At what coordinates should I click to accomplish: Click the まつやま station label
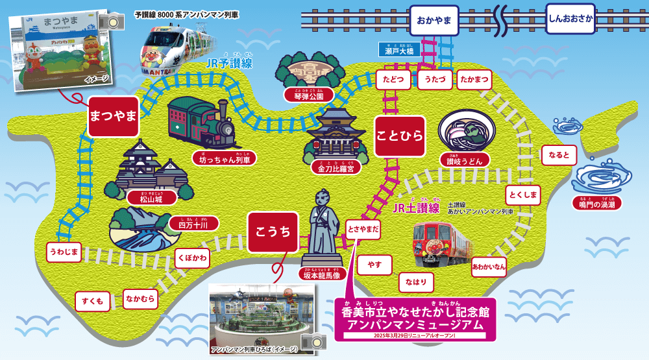pos(113,117)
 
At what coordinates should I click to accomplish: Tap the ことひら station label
pos(399,136)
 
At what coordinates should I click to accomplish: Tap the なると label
pos(559,155)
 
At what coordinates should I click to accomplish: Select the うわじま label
pos(64,252)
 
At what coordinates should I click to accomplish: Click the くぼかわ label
pos(193,259)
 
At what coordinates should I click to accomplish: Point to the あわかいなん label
pos(489,267)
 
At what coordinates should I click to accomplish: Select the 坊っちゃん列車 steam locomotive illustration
pos(202,123)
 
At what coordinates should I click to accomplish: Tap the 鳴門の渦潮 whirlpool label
pos(596,204)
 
